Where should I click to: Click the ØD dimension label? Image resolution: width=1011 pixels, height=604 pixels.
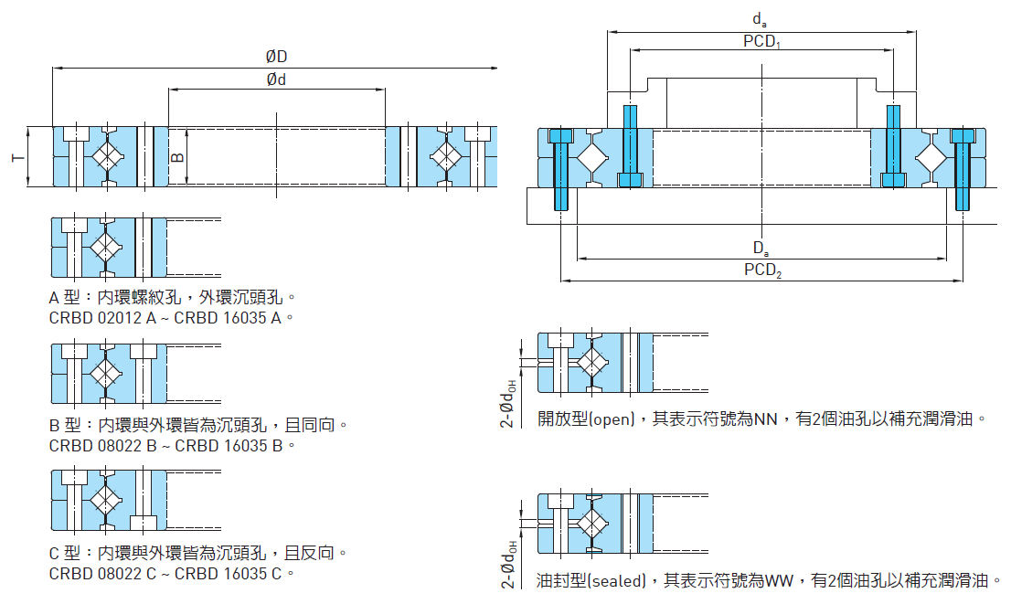point(276,57)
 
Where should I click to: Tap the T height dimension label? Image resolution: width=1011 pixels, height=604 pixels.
point(17,158)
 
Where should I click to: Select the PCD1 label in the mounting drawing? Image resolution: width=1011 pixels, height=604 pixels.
point(761,41)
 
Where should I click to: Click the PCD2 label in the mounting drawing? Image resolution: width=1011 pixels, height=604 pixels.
point(762,270)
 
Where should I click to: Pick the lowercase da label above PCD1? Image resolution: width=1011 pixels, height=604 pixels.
point(760,19)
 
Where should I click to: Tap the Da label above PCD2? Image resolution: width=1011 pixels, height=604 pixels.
point(761,248)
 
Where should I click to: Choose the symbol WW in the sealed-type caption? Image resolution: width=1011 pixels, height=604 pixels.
point(779,580)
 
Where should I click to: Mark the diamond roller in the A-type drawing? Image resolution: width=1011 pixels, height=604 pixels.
point(106,248)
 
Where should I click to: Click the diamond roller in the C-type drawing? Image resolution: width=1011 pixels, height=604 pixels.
point(106,498)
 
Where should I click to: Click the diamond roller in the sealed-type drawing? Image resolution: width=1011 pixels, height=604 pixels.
point(592,524)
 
